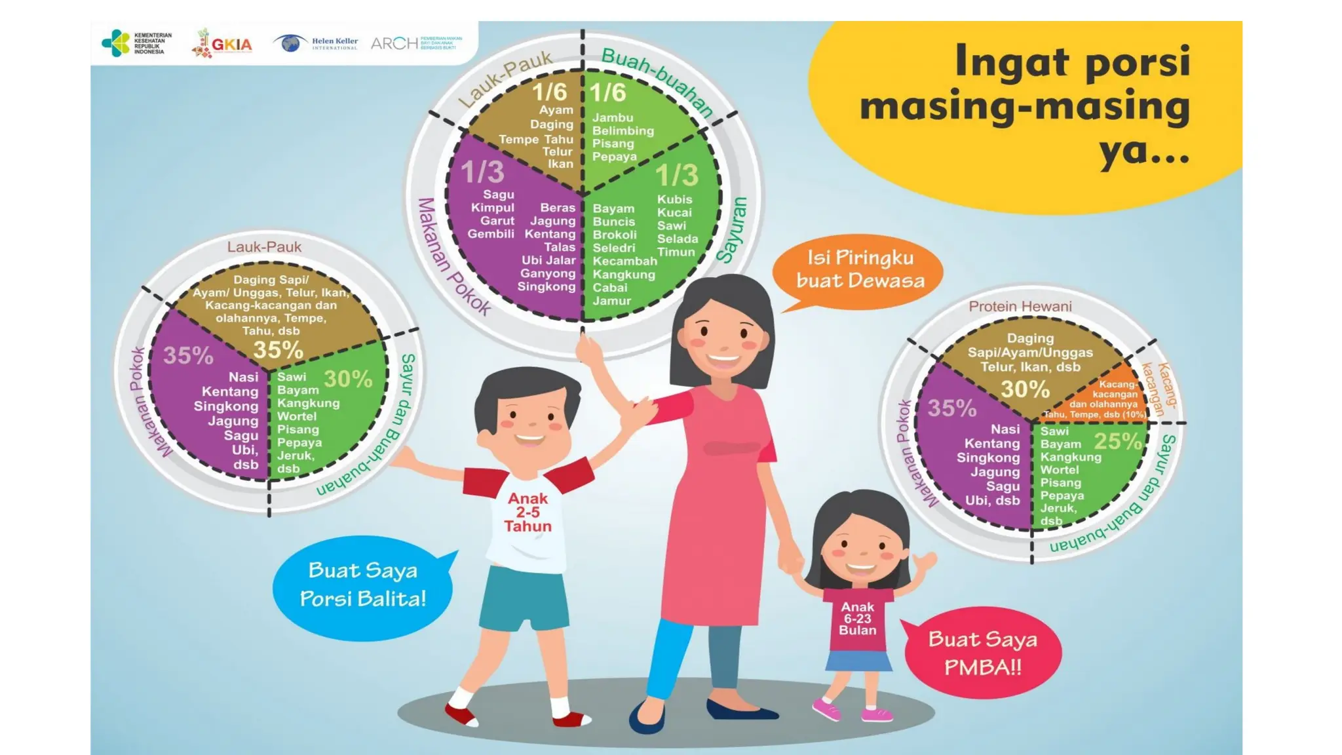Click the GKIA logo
tap(223, 44)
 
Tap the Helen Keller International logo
tap(316, 43)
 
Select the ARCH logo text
tap(394, 43)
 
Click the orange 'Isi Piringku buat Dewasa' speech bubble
tap(859, 269)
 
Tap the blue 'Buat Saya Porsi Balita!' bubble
tap(362, 585)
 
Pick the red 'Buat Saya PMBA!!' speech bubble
tap(982, 653)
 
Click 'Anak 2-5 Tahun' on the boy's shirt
tap(528, 513)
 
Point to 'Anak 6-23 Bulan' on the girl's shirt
tap(857, 619)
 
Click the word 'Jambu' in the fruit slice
tap(613, 118)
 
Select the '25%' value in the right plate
tap(1117, 441)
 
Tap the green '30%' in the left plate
tap(348, 379)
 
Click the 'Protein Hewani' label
tap(1020, 307)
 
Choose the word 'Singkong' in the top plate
tap(546, 286)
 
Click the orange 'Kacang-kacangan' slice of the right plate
tap(1114, 397)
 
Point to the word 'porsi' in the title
tap(1137, 62)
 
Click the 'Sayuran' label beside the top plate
tap(733, 230)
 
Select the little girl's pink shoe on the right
tap(877, 714)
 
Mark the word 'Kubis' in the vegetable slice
tap(674, 199)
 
